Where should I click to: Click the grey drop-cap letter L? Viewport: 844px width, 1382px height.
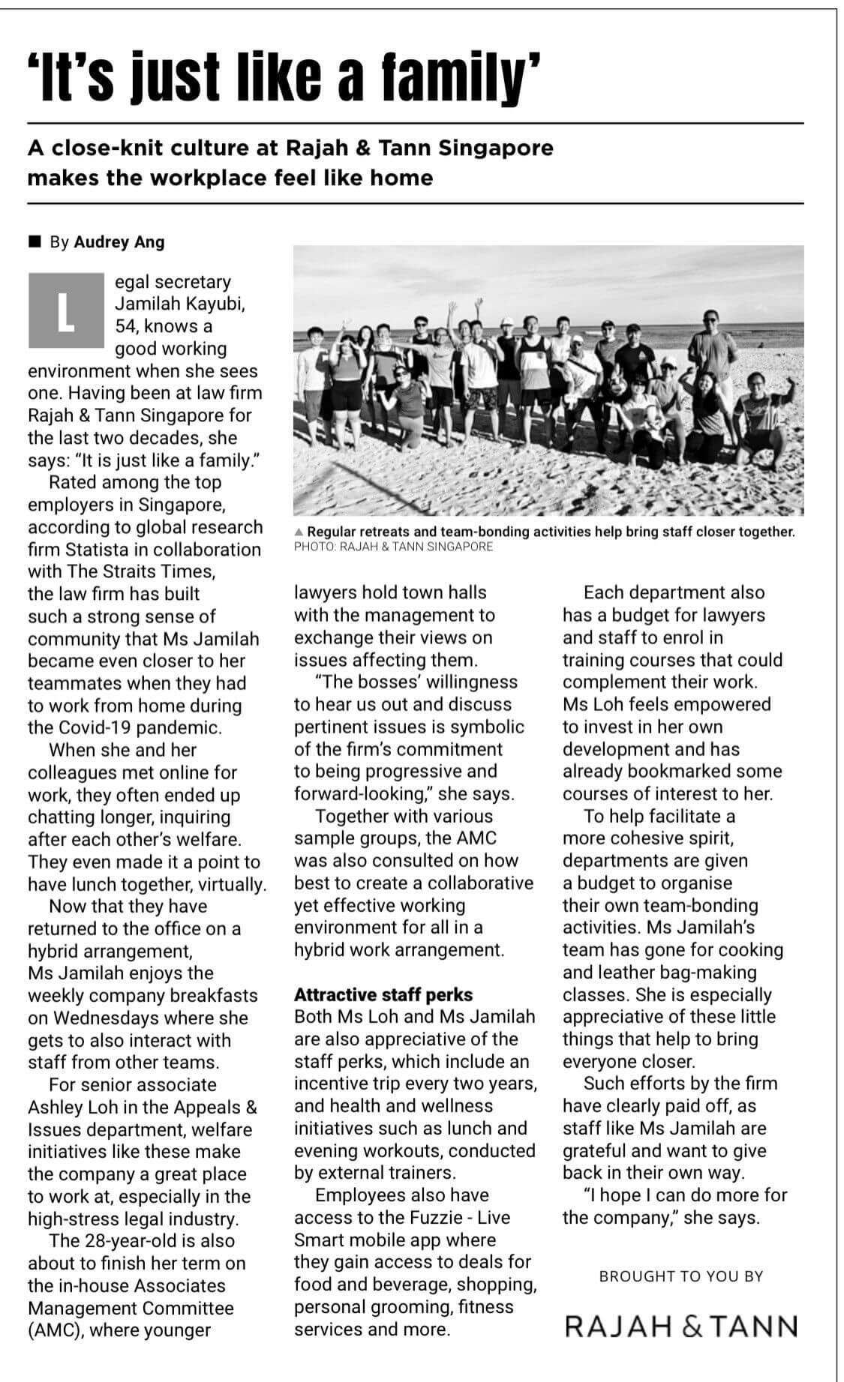[66, 311]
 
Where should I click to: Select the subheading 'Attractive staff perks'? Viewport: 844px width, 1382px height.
[383, 994]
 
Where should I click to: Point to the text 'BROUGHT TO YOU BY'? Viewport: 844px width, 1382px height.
[681, 1276]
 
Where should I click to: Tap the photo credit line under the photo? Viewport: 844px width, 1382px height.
[394, 547]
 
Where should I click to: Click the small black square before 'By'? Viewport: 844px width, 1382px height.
[34, 241]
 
